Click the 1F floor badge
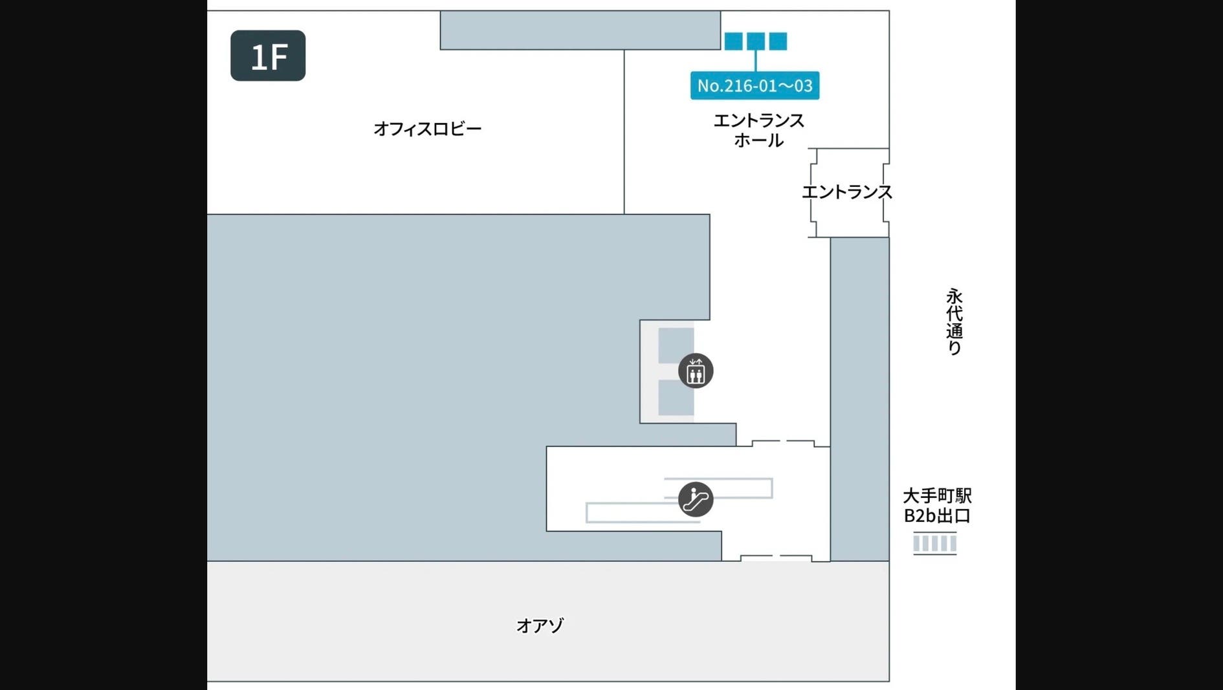(268, 56)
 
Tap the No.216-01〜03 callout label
(755, 85)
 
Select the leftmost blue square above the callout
(733, 41)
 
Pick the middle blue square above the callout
(756, 41)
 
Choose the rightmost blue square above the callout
(778, 41)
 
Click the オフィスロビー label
(428, 129)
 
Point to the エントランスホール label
(758, 130)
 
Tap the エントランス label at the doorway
(846, 192)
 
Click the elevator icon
(696, 371)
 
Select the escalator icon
(696, 499)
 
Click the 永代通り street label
(954, 321)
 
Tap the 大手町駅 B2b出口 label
(937, 506)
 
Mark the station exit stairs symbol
(935, 543)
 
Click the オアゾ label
(540, 625)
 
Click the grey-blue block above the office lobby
(580, 30)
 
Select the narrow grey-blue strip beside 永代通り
(859, 398)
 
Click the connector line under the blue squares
(756, 61)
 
